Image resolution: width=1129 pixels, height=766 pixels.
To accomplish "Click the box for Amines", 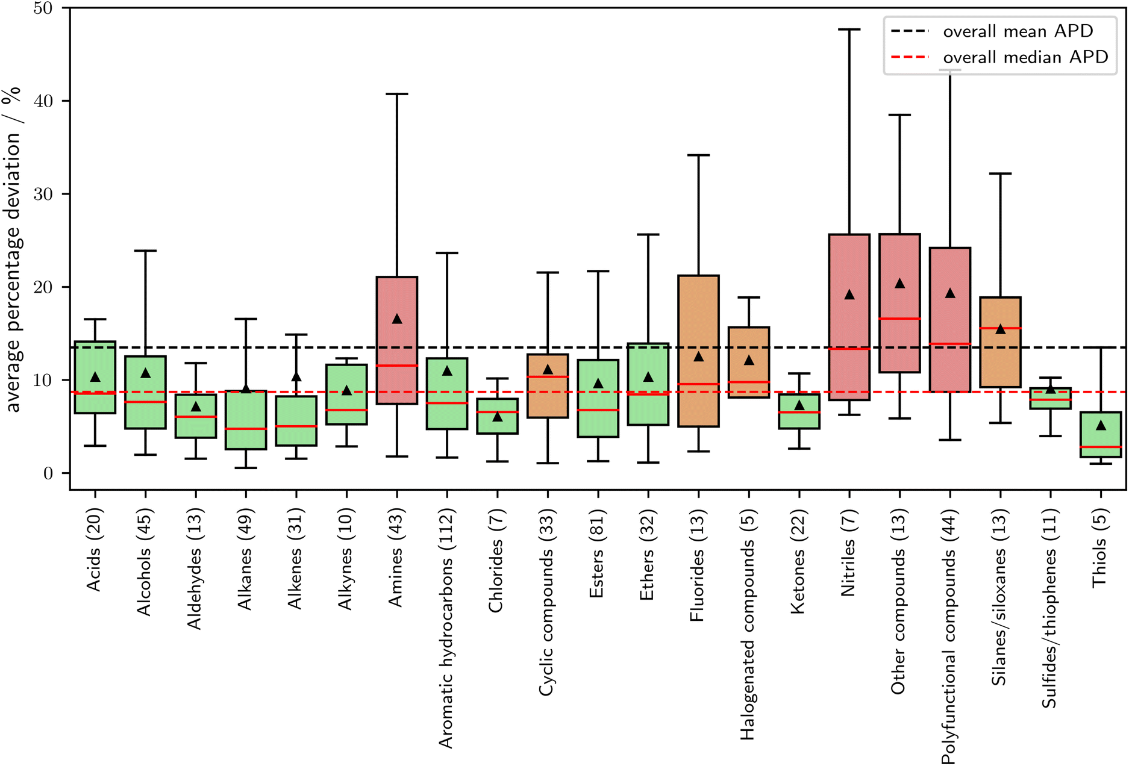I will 396,340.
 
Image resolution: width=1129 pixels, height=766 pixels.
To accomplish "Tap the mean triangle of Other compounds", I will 899,284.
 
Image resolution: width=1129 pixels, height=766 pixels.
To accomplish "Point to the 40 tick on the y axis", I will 43,101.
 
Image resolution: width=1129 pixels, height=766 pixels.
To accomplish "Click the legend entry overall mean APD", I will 1018,31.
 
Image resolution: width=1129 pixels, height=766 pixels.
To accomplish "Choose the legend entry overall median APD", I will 1025,57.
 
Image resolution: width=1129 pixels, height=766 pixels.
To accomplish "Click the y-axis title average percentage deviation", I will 13,250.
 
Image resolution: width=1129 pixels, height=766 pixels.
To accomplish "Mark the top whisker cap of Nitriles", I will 849,29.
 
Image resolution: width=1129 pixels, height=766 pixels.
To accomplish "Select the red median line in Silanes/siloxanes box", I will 1000,328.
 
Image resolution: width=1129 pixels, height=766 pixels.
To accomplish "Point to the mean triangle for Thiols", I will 1101,426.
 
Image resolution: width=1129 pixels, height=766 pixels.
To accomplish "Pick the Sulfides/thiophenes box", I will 1051,399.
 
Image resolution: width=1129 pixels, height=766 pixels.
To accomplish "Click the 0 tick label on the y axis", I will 48,473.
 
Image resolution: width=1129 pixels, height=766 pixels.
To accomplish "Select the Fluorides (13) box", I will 698,351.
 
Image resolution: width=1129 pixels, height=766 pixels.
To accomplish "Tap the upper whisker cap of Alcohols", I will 145,251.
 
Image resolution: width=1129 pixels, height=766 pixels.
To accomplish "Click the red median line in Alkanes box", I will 246,429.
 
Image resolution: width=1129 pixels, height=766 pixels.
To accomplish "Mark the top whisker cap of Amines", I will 396,94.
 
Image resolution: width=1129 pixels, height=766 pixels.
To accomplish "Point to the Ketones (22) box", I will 799,411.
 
